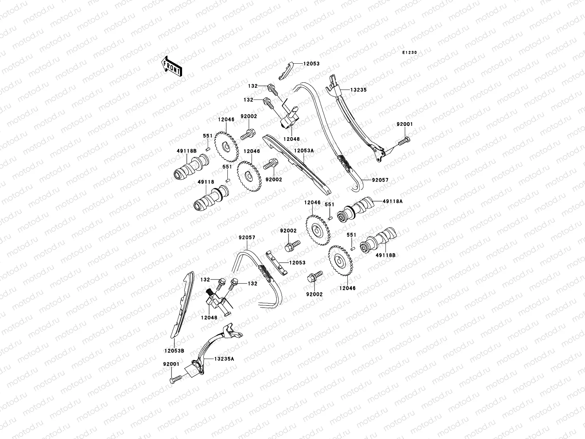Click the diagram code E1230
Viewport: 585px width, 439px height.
click(409, 53)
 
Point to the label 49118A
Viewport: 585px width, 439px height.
click(392, 201)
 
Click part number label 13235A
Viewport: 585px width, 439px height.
click(219, 359)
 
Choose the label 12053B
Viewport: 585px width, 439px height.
click(174, 350)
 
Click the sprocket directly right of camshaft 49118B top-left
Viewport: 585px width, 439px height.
click(226, 147)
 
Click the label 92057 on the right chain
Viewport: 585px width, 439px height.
click(380, 180)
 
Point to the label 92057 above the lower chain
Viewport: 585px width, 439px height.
click(247, 237)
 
